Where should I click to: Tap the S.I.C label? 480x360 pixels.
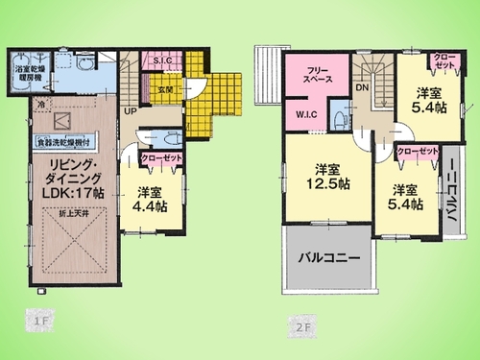161,62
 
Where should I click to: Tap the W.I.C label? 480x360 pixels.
307,116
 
